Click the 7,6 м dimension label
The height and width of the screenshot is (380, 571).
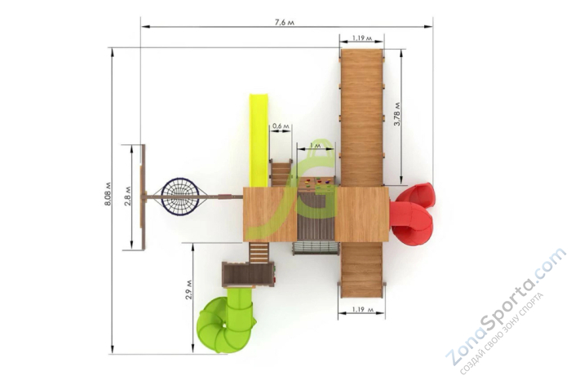click(x=285, y=23)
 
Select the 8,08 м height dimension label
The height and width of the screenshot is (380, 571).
click(x=108, y=193)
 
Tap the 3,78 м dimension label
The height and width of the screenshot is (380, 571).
click(x=397, y=114)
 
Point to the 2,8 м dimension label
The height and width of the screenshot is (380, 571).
click(x=128, y=196)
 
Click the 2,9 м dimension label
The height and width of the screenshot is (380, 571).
click(x=188, y=289)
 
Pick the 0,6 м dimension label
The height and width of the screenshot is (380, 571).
click(x=281, y=126)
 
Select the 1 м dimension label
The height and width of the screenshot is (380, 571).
click(x=315, y=145)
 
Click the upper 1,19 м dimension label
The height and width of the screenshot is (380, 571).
click(x=361, y=38)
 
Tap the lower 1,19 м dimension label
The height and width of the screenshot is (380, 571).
click(x=363, y=309)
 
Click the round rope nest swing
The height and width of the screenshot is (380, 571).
click(x=180, y=197)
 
